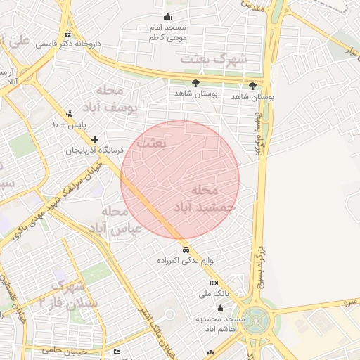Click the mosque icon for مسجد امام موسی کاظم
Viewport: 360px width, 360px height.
167,17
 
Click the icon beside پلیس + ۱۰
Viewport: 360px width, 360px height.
69,113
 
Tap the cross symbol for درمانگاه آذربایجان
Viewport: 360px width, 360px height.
94,139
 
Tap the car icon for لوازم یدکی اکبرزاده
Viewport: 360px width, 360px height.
185,250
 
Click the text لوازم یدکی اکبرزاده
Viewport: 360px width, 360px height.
184,261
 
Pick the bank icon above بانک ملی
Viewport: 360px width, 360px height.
214,283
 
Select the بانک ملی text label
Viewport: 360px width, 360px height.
214,293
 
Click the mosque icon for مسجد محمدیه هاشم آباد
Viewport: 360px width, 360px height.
220,308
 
